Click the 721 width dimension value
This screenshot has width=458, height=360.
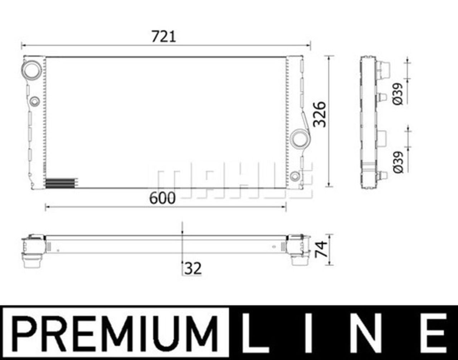pos(164,36)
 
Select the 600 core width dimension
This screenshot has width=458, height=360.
pos(162,198)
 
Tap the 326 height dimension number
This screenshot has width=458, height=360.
pos(320,114)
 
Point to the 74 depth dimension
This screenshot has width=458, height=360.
pos(321,249)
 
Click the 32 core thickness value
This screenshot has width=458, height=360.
pos(193,268)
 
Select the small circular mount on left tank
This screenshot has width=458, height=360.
pos(35,102)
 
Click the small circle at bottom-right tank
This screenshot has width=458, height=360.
pos(295,176)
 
